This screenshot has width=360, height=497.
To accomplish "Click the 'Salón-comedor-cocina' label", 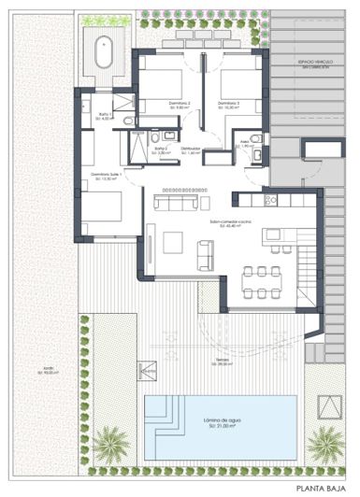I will [x=229, y=221].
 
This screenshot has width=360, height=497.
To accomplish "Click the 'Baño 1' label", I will [x=106, y=115].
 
